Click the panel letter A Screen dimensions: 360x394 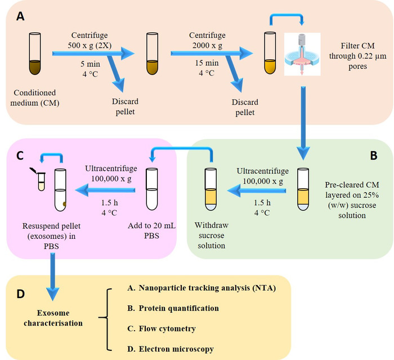click(x=21, y=16)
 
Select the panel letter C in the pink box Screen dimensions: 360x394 click(x=21, y=155)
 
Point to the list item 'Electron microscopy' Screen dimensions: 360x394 click(x=171, y=349)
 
